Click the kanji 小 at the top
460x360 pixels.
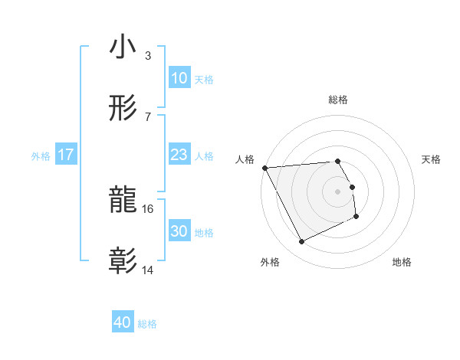coord(123,47)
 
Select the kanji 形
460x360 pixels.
coord(123,109)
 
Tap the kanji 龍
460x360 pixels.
coord(123,201)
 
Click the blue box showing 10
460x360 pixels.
coord(179,78)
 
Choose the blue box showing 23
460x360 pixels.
coord(179,155)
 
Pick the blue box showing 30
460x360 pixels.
coord(179,231)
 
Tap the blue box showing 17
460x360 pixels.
coord(66,155)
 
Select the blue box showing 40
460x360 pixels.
coord(123,322)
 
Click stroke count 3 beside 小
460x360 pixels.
coord(148,55)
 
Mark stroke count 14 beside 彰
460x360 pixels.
coord(149,270)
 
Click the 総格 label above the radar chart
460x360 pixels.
coord(338,100)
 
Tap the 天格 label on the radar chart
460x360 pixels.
coord(432,159)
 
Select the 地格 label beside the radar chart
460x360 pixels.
coord(402,262)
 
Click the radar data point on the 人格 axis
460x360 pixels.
coord(264,168)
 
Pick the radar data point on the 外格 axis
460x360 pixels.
coord(302,242)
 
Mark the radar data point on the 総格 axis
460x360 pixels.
coord(338,162)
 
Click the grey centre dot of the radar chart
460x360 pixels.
coord(338,191)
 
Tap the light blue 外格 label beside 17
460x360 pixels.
coord(41,155)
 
